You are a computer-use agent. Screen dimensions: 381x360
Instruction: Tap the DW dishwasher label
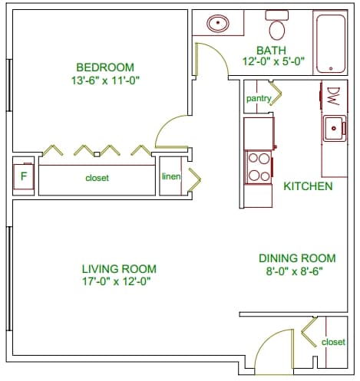pyautogui.click(x=333, y=97)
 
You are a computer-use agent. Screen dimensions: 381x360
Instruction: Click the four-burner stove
pyautogui.click(x=259, y=166)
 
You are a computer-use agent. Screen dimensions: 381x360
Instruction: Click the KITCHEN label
pyautogui.click(x=308, y=186)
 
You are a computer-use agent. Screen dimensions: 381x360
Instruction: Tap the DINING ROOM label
pyautogui.click(x=297, y=258)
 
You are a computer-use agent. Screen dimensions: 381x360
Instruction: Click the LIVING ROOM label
pyautogui.click(x=119, y=268)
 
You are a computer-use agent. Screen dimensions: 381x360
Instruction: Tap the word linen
pyautogui.click(x=170, y=176)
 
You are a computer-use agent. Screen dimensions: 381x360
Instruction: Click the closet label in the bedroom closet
pyautogui.click(x=97, y=178)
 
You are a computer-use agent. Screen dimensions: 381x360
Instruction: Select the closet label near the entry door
pyautogui.click(x=333, y=341)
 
